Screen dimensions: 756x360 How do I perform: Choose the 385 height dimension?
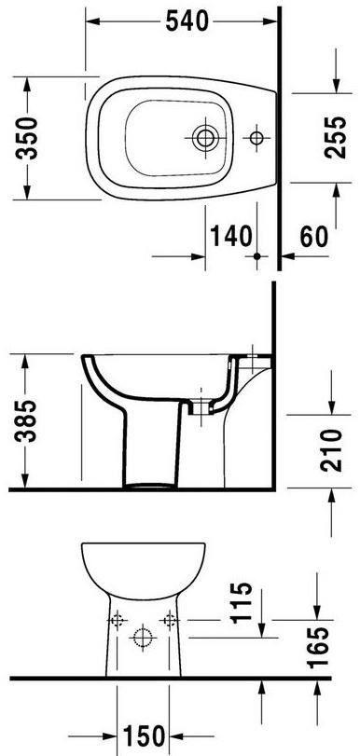pyautogui.click(x=29, y=421)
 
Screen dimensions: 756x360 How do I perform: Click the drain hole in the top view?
pyautogui.click(x=205, y=138)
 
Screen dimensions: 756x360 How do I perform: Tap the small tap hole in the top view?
pyautogui.click(x=255, y=138)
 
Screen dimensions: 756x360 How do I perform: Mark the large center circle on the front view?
pyautogui.click(x=143, y=638)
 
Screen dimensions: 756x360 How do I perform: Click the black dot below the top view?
pyautogui.click(x=255, y=254)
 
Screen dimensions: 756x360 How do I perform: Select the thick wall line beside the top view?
pyautogui.click(x=280, y=131)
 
